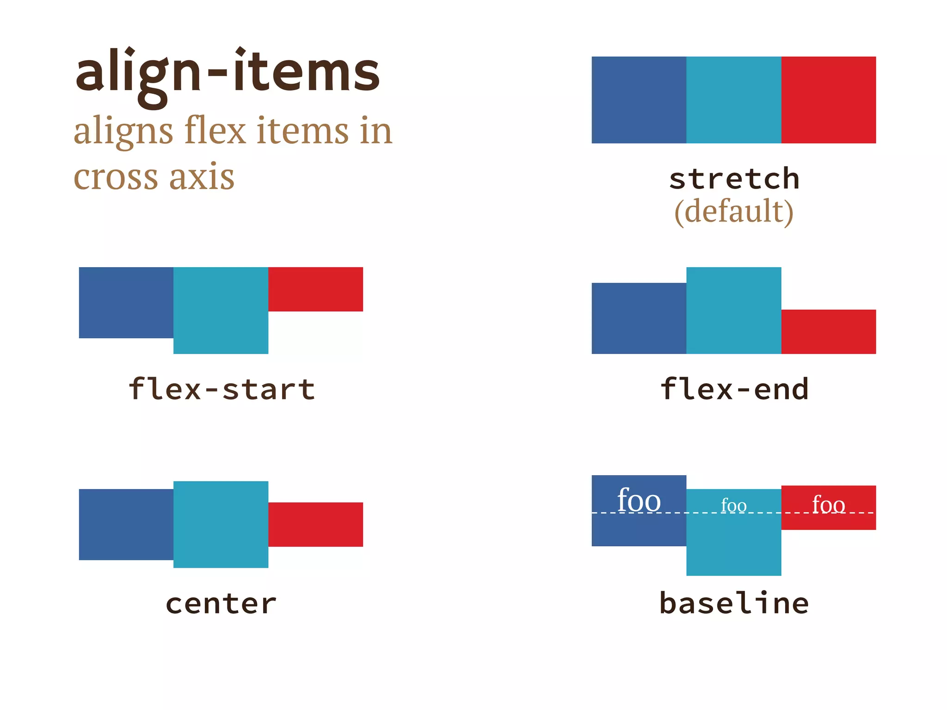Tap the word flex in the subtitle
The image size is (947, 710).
[215, 130]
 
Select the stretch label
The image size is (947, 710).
[734, 179]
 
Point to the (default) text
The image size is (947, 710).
[734, 212]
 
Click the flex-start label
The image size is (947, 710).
[221, 389]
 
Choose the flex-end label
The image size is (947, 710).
[734, 389]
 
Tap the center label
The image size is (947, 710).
[221, 604]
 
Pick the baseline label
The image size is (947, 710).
[734, 603]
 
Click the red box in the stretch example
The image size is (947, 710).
[828, 100]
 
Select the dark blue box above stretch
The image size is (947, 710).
[639, 100]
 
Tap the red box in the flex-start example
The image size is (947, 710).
[315, 289]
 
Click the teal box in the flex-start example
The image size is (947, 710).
[221, 310]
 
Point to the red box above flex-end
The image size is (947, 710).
[828, 331]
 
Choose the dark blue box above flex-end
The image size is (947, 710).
[639, 318]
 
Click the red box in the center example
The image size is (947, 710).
[315, 524]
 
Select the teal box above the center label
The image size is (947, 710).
[221, 524]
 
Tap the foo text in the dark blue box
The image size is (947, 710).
[639, 501]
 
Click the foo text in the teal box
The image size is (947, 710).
[733, 506]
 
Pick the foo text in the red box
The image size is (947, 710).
[828, 504]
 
